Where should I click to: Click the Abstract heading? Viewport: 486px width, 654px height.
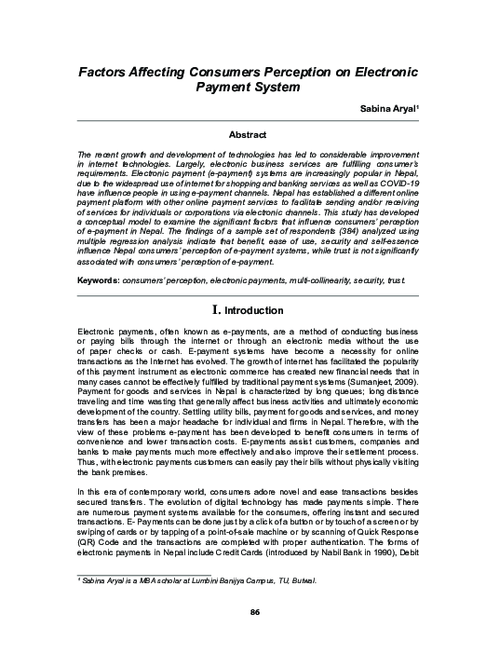(249, 135)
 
